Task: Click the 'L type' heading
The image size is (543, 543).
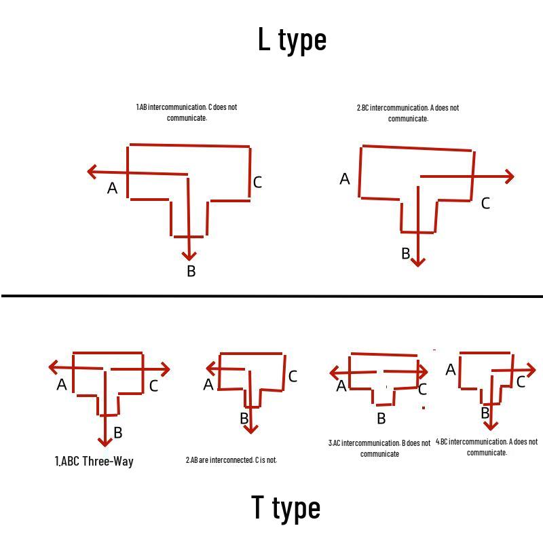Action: (x=292, y=40)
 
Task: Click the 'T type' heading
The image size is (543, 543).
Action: (x=286, y=508)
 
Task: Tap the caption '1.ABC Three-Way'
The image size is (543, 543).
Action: (x=94, y=462)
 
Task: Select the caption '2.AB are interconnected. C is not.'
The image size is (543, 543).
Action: (x=231, y=460)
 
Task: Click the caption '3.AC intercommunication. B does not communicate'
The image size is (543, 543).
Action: (x=379, y=448)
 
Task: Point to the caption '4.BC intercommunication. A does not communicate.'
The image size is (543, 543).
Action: (x=487, y=447)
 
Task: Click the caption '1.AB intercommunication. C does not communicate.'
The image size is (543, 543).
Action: (x=187, y=113)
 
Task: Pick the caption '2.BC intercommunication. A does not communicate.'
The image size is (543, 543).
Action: (x=408, y=113)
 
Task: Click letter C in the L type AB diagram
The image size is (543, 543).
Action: (x=257, y=182)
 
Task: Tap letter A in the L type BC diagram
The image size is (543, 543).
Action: (x=345, y=179)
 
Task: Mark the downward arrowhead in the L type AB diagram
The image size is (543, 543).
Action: (x=189, y=257)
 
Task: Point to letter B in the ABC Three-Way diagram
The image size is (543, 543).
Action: (x=117, y=432)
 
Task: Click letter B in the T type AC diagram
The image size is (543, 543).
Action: (x=381, y=418)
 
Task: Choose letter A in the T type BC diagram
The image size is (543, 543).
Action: (x=451, y=369)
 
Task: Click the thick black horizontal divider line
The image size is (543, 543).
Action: (x=272, y=296)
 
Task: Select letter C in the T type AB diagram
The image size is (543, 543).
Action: (x=293, y=376)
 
